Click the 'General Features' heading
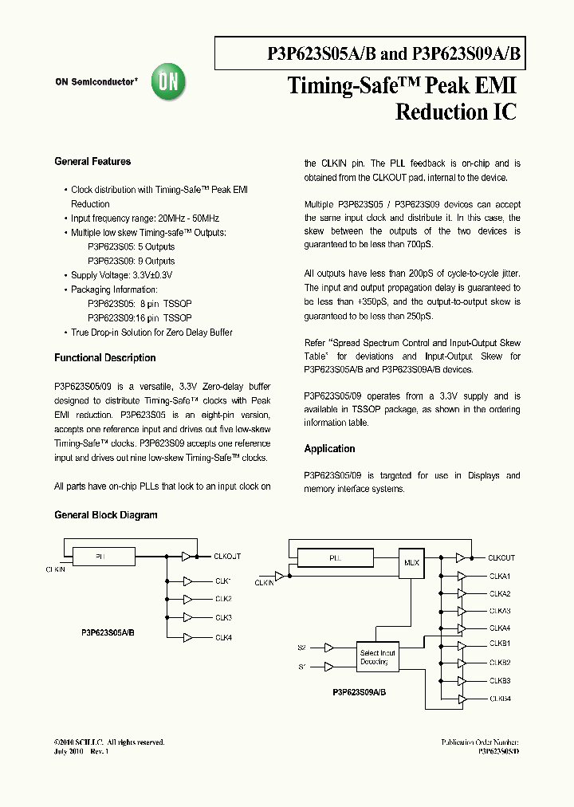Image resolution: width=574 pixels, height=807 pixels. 92,162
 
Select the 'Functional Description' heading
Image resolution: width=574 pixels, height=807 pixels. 105,358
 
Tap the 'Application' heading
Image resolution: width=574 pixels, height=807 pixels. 329,449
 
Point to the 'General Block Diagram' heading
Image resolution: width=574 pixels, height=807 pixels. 106,515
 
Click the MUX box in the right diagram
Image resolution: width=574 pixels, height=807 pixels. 411,562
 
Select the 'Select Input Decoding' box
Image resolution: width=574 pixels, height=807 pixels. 377,657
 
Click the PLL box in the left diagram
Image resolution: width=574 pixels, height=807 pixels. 101,556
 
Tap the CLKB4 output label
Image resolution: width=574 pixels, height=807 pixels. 500,699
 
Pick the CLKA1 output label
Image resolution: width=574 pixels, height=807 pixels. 500,576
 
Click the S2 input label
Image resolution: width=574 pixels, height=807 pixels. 301,648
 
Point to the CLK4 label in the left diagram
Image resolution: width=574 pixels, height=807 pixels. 223,637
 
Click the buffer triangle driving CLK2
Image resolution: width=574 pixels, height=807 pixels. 187,599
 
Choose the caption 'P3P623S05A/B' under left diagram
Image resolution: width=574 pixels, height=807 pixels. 108,632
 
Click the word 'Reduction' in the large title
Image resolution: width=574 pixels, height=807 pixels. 435,112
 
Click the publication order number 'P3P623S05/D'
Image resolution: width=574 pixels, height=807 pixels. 498,751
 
